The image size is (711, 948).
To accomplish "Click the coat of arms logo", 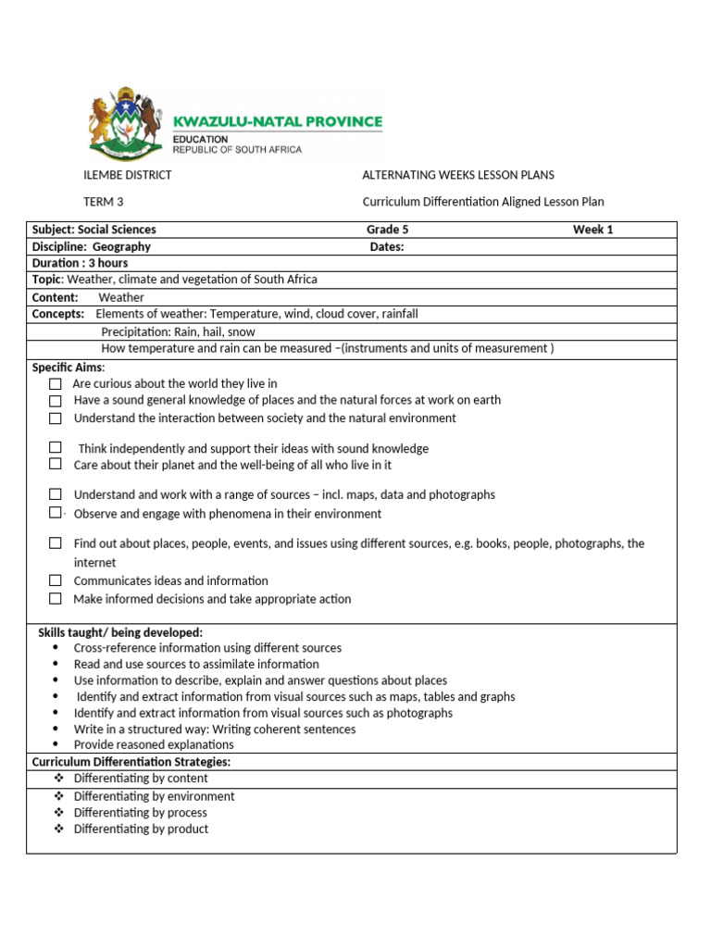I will [126, 126].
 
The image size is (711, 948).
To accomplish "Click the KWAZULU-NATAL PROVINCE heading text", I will [278, 121].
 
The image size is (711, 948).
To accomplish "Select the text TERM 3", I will [104, 202].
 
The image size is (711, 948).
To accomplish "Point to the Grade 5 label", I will [387, 230].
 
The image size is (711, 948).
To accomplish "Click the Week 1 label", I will [592, 230].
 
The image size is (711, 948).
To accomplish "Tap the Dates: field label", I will [387, 247].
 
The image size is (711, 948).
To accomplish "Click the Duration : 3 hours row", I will [81, 264].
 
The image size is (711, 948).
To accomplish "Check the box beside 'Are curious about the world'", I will [56, 383].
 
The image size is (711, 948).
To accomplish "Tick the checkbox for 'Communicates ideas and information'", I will [56, 580].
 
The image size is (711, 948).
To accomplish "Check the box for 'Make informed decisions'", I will [56, 599].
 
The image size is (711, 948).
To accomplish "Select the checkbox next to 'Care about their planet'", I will [56, 465].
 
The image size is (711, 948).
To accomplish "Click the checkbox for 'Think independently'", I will [56, 447].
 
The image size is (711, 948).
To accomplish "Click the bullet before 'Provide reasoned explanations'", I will [57, 744].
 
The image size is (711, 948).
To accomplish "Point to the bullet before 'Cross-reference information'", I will [57, 648].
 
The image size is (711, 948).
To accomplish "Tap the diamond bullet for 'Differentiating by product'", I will [58, 829].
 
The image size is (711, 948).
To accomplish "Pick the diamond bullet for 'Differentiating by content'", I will [58, 779].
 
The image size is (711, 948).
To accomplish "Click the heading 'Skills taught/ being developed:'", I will [120, 632].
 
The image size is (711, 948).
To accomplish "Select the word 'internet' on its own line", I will [95, 563].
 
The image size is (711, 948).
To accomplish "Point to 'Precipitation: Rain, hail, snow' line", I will [178, 331].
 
